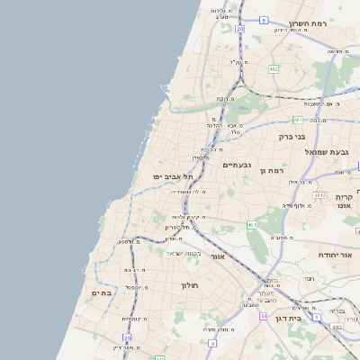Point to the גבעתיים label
237,165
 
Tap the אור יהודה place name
338,256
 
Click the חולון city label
183,284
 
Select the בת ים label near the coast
101,292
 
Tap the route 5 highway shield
265,19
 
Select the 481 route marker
298,119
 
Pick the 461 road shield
252,224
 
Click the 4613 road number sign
319,194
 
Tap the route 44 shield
264,316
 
